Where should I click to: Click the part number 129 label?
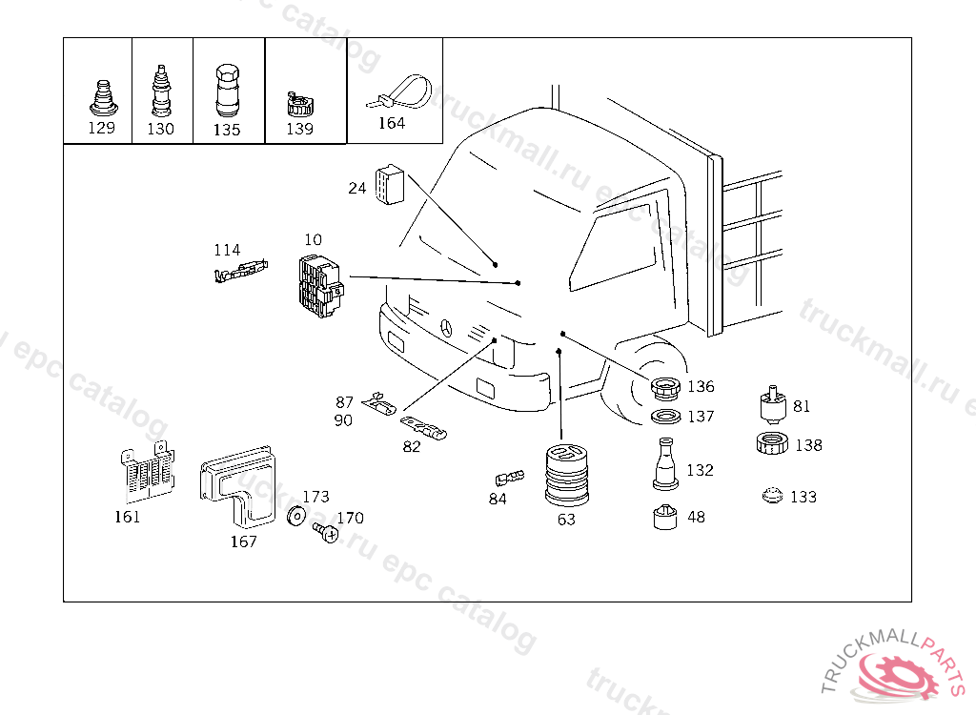101,129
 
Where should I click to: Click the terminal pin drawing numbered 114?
238,274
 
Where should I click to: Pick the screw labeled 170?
326,534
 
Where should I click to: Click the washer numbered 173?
296,517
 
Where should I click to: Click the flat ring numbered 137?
665,417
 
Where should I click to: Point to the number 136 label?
701,387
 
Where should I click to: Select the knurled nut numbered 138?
772,443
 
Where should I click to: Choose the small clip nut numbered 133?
773,496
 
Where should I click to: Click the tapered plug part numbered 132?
666,465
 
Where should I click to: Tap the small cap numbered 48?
663,518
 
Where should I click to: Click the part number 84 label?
498,499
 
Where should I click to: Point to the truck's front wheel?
648,386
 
